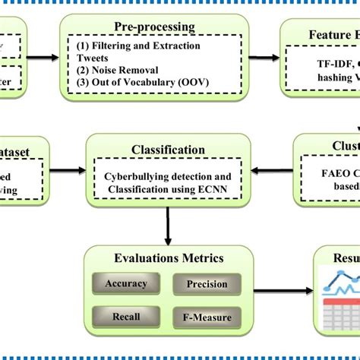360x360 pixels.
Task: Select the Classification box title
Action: coord(167,150)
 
